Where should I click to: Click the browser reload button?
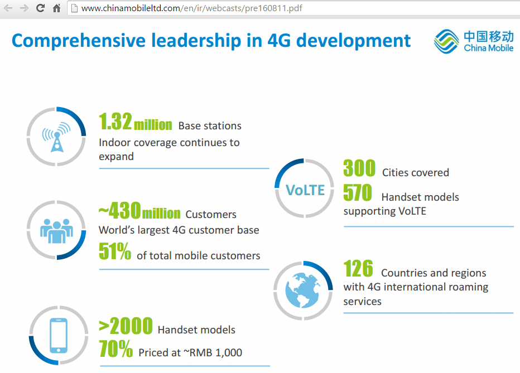(x=40, y=8)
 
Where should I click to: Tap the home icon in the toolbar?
(x=56, y=8)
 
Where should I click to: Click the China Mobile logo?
(x=474, y=41)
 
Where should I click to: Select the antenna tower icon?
(x=56, y=137)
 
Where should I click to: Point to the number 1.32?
(x=115, y=122)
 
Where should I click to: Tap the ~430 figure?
(x=119, y=212)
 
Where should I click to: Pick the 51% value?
(x=115, y=252)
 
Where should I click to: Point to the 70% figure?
(x=115, y=349)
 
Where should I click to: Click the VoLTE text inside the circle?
(x=305, y=190)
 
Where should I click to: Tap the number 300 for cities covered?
(x=359, y=168)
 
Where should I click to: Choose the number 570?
(x=358, y=193)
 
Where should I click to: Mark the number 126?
(x=358, y=269)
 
